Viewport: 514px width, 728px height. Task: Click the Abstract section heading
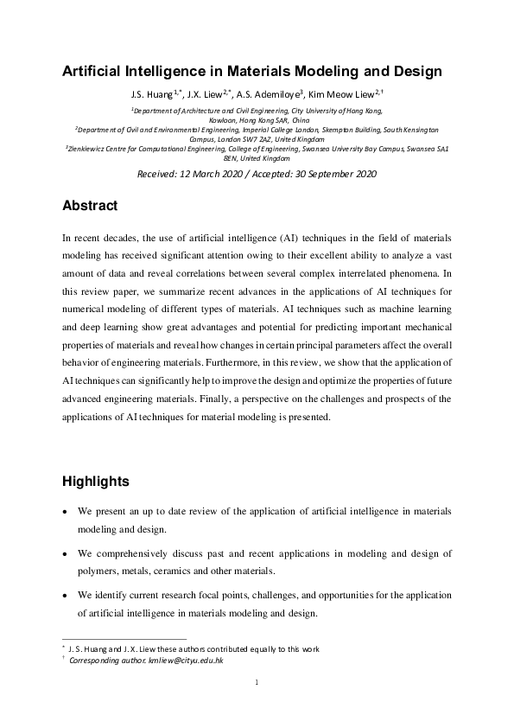click(x=90, y=208)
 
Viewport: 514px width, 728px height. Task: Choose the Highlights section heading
click(x=96, y=481)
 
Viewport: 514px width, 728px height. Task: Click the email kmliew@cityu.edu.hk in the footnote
click(x=185, y=660)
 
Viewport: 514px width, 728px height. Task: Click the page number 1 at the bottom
click(x=257, y=683)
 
